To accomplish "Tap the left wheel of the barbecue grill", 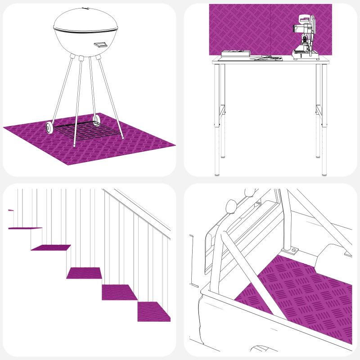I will coord(49,127).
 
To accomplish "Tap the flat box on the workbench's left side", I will coord(235,54).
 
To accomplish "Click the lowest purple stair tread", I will coord(154,311).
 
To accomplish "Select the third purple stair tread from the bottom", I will coord(84,273).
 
